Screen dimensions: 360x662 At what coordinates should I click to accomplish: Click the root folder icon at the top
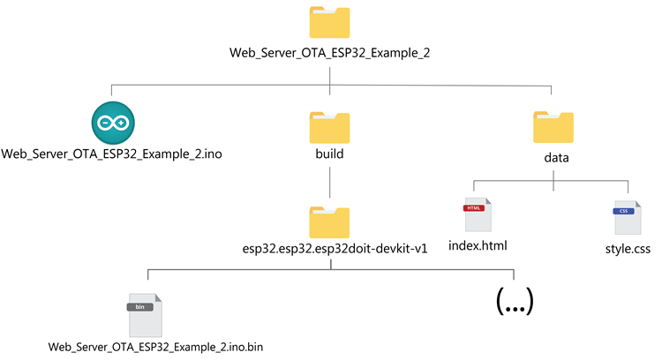coord(329,22)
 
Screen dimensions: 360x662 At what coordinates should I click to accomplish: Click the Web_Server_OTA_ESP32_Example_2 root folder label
coord(329,53)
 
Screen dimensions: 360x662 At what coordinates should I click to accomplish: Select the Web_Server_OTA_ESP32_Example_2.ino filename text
coord(111,154)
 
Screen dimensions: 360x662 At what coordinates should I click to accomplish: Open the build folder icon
coord(329,128)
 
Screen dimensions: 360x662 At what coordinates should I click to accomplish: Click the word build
coord(329,154)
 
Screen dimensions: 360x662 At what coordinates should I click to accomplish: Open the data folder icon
coord(553,128)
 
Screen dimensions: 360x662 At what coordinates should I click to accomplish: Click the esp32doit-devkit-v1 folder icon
coord(329,221)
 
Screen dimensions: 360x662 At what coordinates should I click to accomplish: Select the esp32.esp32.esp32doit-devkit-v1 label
coord(329,248)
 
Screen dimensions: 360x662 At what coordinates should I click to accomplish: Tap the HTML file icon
coord(478,217)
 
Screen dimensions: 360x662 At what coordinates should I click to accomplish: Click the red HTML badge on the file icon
coord(474,207)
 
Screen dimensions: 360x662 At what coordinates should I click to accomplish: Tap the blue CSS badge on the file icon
coord(623,211)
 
